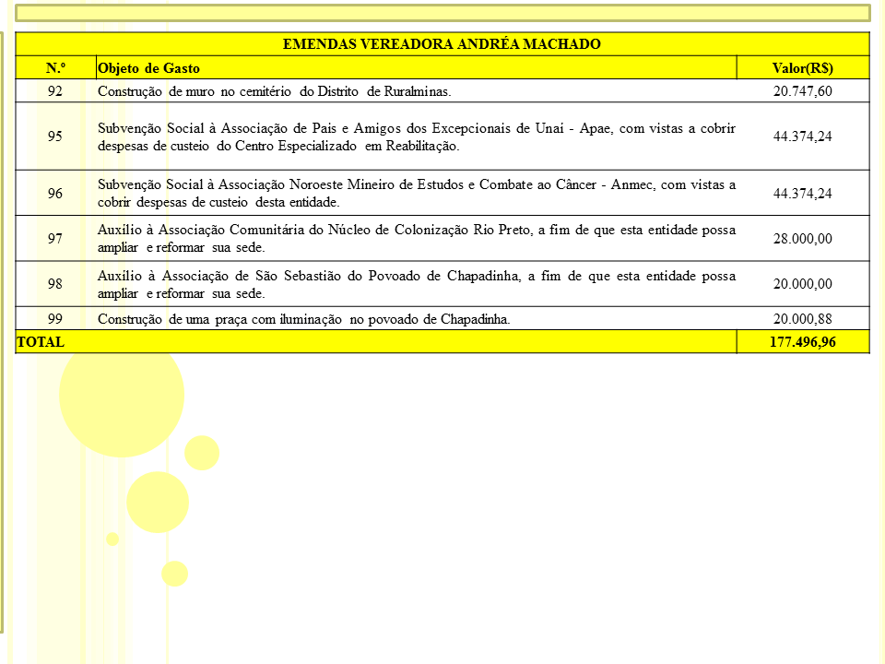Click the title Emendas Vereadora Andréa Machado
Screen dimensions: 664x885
[x=442, y=44]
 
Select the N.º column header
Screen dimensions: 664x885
[x=55, y=68]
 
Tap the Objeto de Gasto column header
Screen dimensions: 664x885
[x=148, y=68]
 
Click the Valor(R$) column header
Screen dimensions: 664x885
[x=802, y=68]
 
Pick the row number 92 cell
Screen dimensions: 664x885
[x=55, y=91]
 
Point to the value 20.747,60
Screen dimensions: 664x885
[x=802, y=91]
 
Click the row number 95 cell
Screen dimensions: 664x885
[x=55, y=136]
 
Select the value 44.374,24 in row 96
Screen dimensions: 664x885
[x=802, y=194]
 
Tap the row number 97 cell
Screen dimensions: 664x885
[x=55, y=239]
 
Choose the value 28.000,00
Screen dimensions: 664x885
[x=802, y=239]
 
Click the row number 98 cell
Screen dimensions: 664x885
[x=55, y=284]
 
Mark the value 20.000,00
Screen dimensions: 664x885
[x=802, y=284]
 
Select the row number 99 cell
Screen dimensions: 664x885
[x=55, y=319]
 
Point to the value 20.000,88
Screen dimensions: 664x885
[x=802, y=319]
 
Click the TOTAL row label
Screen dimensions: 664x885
[x=41, y=342]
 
